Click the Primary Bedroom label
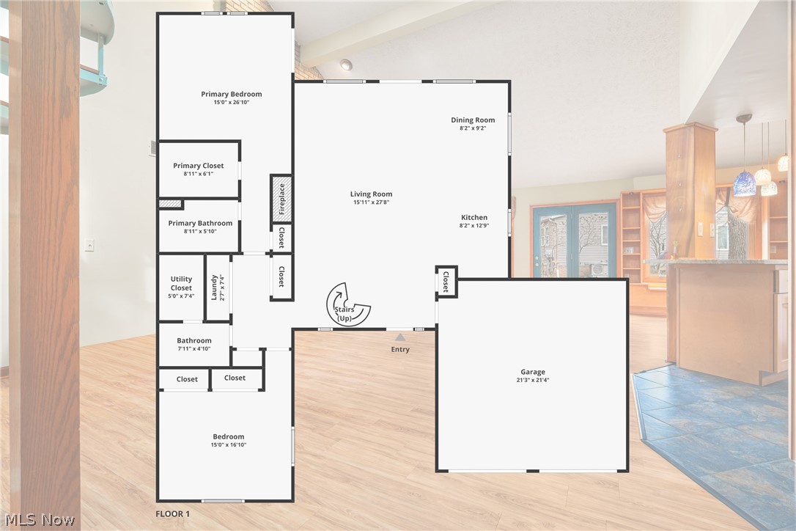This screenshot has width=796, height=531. [x=231, y=94]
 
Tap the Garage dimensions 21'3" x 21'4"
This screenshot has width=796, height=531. [x=532, y=381]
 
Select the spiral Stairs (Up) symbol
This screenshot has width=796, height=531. [x=347, y=305]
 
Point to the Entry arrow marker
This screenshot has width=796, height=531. [x=399, y=337]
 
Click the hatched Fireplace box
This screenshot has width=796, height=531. [x=281, y=199]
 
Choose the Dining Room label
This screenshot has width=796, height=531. [x=472, y=120]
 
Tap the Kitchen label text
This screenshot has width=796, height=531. [x=473, y=217]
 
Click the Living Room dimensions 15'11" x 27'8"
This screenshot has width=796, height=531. [x=371, y=202]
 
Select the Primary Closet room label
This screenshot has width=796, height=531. [x=198, y=166]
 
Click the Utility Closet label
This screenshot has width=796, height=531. [x=181, y=283]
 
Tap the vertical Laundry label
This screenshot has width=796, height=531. [x=215, y=287]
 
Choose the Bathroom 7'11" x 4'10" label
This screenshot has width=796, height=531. [x=194, y=344]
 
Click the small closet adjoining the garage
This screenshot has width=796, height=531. [x=446, y=282]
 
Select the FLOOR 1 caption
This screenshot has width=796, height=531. [x=173, y=514]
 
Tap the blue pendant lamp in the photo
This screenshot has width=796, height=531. [x=745, y=183]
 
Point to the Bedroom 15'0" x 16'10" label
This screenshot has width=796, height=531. [x=229, y=440]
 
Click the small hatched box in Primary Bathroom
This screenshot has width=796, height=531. [x=170, y=203]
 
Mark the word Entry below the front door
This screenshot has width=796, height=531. [x=400, y=349]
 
